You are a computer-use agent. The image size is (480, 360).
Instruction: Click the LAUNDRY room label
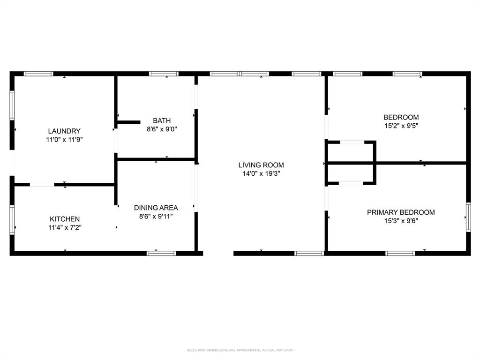(64, 131)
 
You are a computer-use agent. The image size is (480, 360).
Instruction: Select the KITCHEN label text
(65, 219)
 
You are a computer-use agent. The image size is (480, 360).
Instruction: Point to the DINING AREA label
(156, 208)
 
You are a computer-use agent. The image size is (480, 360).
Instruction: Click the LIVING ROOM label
(261, 165)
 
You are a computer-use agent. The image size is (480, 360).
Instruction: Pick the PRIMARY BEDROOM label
(401, 212)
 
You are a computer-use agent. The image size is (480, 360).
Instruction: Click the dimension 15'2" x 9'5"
(401, 126)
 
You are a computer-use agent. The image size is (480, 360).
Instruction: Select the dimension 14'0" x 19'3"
(261, 173)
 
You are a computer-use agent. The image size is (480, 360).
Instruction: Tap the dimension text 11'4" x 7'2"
(65, 227)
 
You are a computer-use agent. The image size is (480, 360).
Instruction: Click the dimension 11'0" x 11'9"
(64, 139)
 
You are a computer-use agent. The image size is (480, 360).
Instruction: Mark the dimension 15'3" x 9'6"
(401, 220)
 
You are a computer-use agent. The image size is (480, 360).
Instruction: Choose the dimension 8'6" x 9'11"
(156, 216)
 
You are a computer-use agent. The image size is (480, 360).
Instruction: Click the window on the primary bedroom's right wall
(468, 217)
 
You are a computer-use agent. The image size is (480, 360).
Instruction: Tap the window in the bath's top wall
(164, 74)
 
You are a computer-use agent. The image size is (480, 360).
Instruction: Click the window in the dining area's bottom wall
(161, 254)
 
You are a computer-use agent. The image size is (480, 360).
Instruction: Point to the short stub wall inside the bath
(128, 122)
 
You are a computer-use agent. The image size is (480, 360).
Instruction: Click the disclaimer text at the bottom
(240, 350)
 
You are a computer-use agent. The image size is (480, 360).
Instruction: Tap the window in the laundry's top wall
(38, 74)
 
